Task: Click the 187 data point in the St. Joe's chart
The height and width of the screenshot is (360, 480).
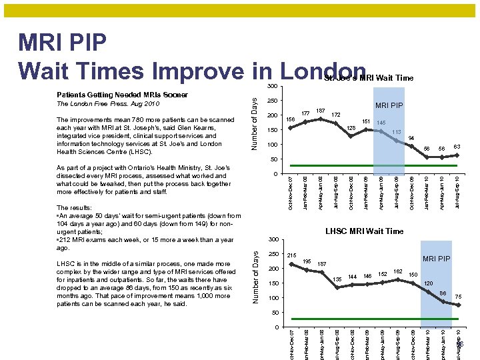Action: click(321, 119)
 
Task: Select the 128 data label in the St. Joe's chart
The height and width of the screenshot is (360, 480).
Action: click(351, 128)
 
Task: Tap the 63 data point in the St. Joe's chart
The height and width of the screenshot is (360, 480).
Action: click(457, 155)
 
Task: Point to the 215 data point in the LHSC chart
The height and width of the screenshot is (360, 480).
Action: click(291, 263)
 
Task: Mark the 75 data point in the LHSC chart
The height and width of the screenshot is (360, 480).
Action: click(459, 305)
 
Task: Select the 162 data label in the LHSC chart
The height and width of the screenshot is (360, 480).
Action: click(397, 271)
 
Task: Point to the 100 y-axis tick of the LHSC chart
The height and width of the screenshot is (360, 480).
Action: click(272, 298)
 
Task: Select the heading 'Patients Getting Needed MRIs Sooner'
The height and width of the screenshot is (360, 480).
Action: click(122, 95)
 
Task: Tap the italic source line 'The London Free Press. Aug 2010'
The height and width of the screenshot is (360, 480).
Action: click(108, 105)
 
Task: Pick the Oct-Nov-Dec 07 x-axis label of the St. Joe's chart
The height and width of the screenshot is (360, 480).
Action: click(291, 193)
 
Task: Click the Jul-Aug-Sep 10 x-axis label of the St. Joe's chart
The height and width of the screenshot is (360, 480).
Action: click(457, 193)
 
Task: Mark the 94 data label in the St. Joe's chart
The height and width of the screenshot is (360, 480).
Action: click(412, 137)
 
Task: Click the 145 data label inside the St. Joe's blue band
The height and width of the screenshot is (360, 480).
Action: click(382, 123)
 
